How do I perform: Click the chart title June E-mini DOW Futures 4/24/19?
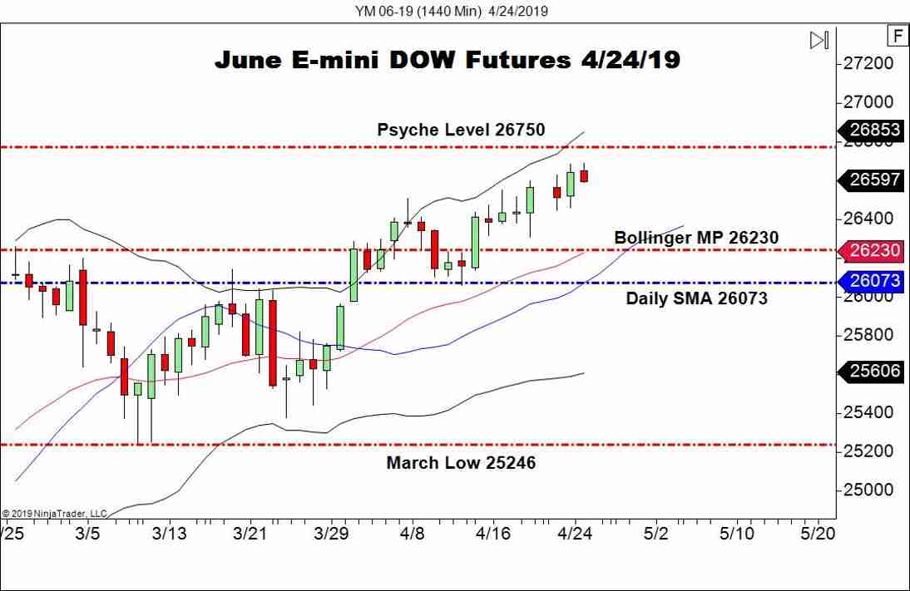[448, 61]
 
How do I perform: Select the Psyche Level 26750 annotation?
[461, 129]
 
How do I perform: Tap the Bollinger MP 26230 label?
[696, 238]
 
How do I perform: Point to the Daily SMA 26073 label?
[696, 298]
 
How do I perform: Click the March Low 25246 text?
[461, 463]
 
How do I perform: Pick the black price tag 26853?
[874, 131]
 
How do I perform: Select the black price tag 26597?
[874, 180]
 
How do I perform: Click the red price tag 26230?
[874, 250]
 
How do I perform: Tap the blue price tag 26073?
[874, 282]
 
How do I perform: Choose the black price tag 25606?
[874, 372]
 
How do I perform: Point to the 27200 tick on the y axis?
[868, 64]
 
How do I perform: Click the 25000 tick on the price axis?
[868, 490]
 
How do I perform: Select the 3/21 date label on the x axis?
[249, 533]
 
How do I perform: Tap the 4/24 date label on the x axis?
[574, 533]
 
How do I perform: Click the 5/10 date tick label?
[736, 533]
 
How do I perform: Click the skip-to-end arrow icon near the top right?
[819, 40]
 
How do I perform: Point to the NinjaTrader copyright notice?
[55, 513]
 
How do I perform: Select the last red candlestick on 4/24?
[584, 175]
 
